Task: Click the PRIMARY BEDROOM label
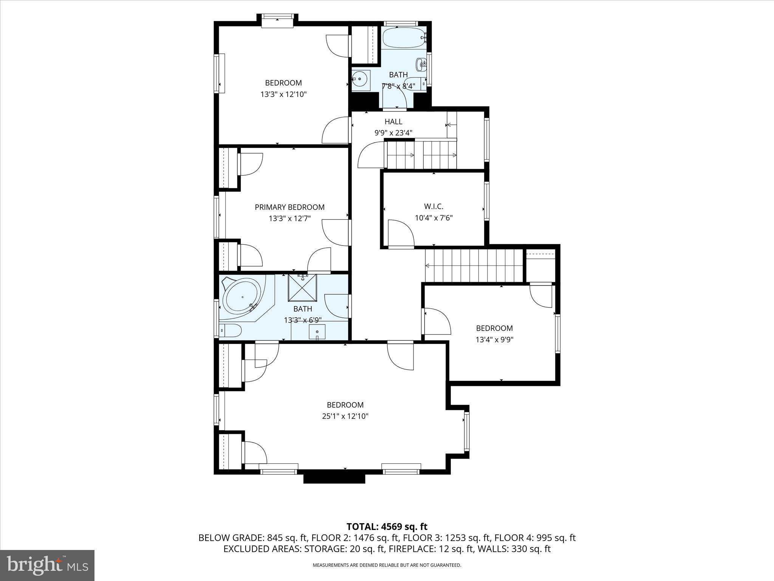(289, 207)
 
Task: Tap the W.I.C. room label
(433, 207)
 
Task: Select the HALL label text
(393, 121)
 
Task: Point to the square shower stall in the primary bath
(302, 287)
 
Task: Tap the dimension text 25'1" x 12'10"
(345, 416)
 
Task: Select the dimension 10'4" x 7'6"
(433, 218)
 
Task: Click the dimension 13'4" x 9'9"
(494, 340)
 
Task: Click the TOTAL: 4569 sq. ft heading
(387, 527)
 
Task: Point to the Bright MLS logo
(47, 565)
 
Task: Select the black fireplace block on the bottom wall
(334, 478)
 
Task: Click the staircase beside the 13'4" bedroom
(474, 266)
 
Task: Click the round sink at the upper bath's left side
(360, 79)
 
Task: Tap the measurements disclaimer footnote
(387, 565)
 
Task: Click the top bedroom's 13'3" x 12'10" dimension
(283, 94)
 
